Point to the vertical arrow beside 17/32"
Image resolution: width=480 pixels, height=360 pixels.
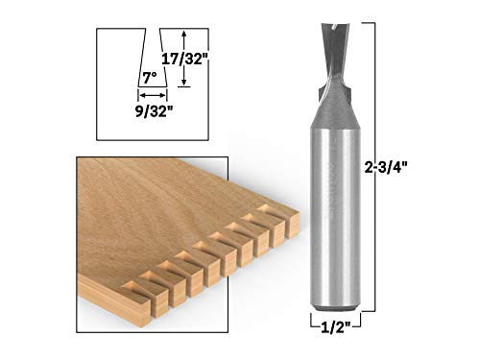click(183, 58)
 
